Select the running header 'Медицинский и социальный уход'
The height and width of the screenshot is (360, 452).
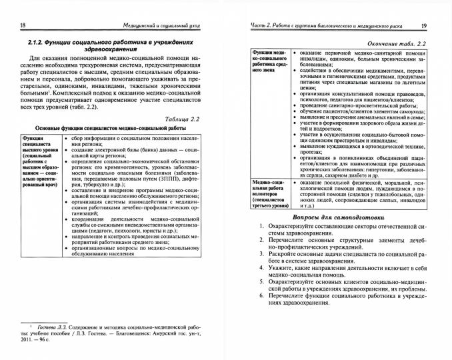click(156, 26)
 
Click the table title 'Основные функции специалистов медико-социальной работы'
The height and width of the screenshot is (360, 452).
click(111, 113)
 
